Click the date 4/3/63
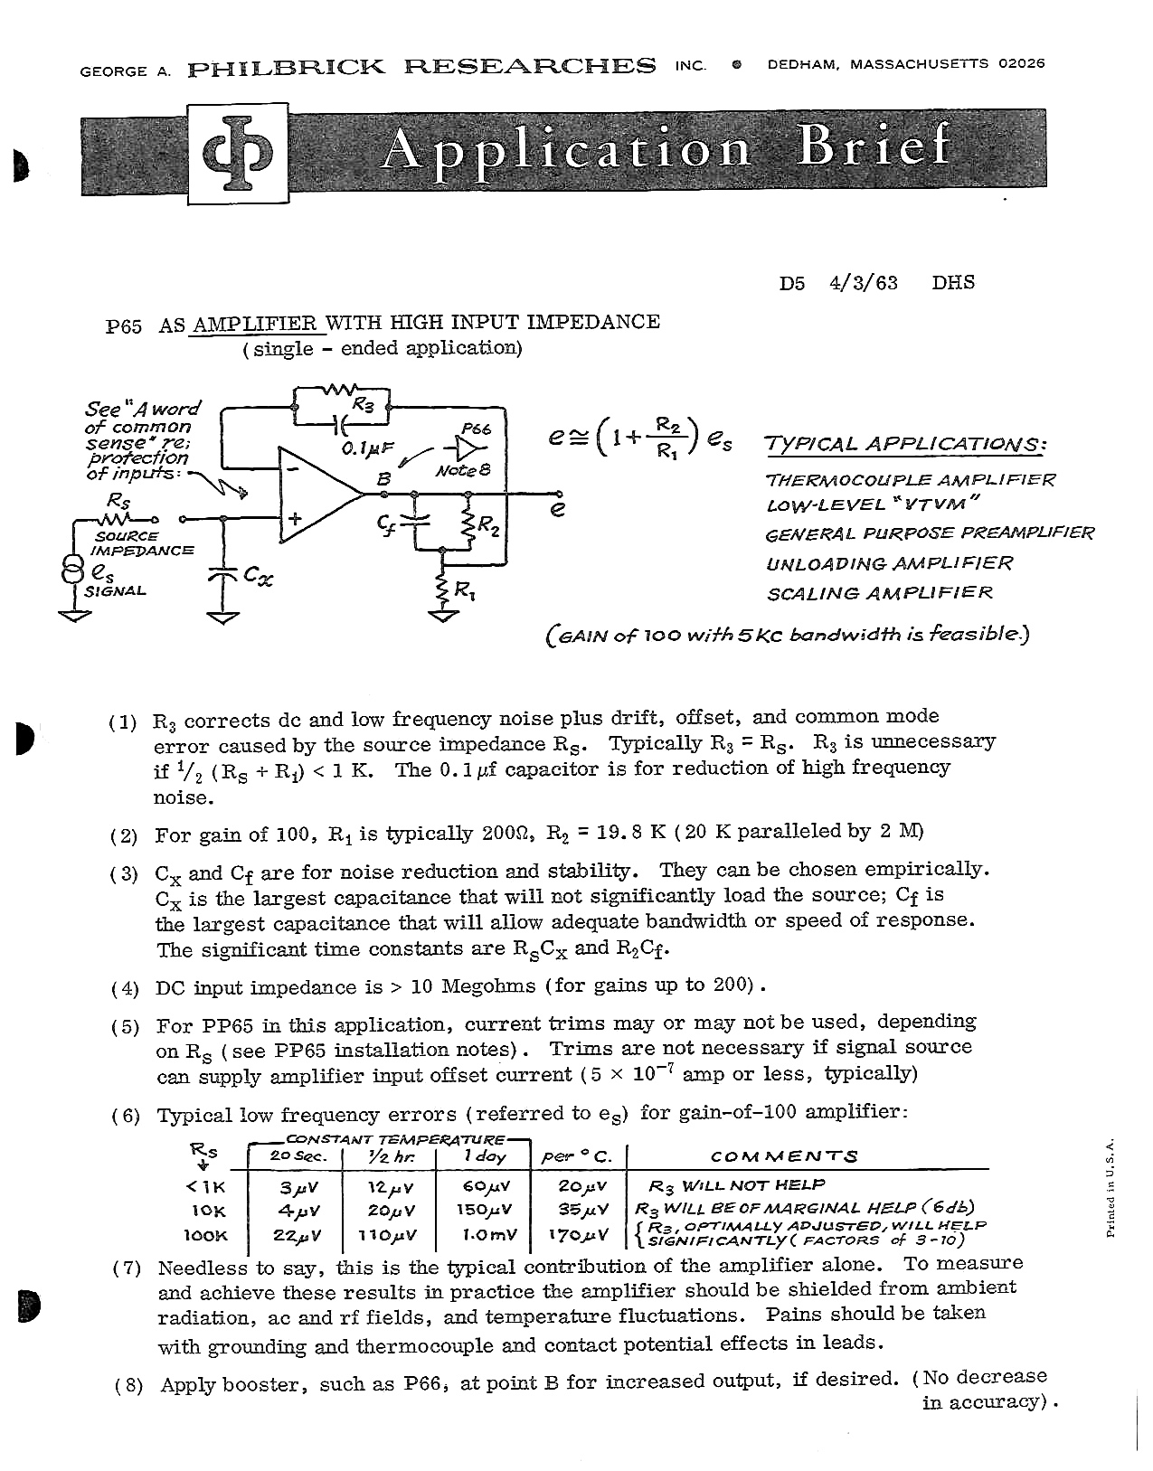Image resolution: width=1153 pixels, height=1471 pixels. [x=863, y=282]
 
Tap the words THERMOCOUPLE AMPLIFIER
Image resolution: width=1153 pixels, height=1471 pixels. [x=909, y=480]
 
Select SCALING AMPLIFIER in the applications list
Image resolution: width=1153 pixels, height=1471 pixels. [x=879, y=593]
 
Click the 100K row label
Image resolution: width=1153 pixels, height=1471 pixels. [x=205, y=1235]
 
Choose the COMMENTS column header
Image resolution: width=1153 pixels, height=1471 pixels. [x=783, y=1156]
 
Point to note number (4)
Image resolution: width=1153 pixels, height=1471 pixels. [x=125, y=987]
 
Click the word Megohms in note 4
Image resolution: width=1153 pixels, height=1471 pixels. [x=487, y=985]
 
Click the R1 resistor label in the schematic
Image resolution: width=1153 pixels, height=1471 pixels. [x=464, y=592]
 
